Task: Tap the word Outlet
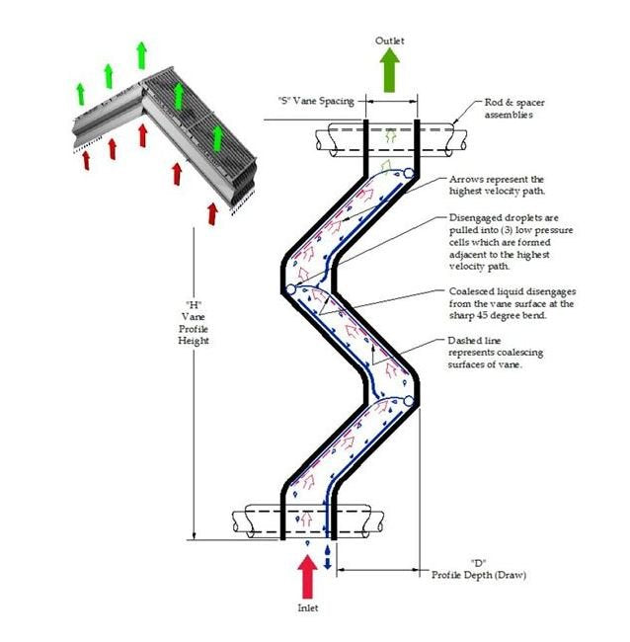pyautogui.click(x=389, y=40)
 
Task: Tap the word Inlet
pyautogui.click(x=307, y=608)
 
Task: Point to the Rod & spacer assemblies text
pyautogui.click(x=514, y=108)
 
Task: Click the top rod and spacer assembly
pyautogui.click(x=391, y=136)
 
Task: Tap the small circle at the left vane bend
pyautogui.click(x=291, y=290)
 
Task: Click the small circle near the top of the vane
pyautogui.click(x=409, y=174)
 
